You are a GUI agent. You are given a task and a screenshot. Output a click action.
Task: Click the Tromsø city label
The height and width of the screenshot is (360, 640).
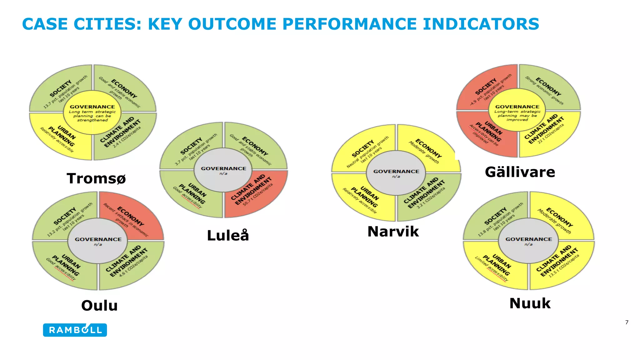tap(96, 178)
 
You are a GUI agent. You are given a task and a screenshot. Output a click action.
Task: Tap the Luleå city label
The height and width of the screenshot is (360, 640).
tap(228, 235)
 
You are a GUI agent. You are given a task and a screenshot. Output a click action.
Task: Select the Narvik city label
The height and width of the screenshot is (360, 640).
tap(393, 232)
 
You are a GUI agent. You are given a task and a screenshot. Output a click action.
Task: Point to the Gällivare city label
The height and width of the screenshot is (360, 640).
tap(520, 172)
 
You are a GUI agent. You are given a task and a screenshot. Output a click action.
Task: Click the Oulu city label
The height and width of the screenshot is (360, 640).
tap(99, 305)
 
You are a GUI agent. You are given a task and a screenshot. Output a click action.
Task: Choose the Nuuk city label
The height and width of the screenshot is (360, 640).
tap(530, 303)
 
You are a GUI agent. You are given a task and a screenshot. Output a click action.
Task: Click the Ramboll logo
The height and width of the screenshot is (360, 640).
tap(75, 330)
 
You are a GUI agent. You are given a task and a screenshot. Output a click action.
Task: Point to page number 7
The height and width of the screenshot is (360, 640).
tap(627, 322)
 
